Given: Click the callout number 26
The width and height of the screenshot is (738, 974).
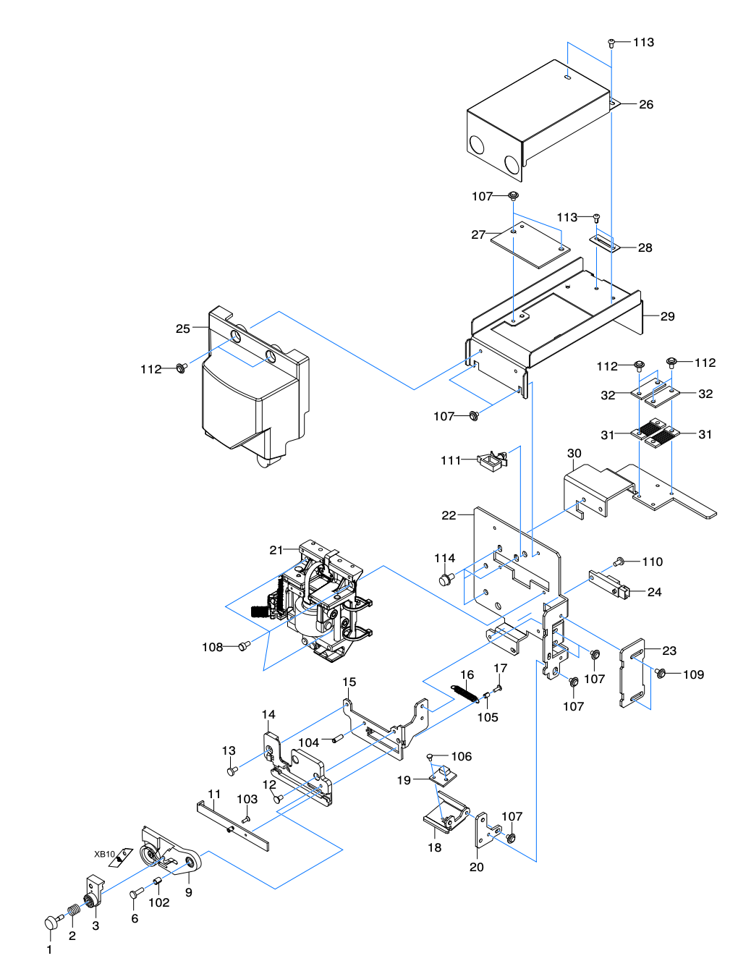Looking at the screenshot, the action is [645, 104].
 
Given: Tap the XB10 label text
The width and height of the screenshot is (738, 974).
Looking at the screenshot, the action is [104, 854].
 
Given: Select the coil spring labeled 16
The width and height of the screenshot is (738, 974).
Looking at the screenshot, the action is [465, 693].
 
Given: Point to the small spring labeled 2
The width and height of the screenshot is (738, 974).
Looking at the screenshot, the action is [74, 911].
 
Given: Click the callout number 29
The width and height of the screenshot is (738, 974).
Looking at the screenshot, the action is [667, 316].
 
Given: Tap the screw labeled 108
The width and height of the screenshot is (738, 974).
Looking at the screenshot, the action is [244, 646].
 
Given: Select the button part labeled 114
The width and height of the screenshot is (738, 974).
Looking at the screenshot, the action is [446, 579].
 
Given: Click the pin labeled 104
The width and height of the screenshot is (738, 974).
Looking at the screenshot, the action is [338, 739].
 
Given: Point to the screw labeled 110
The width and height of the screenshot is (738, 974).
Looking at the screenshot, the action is [619, 562].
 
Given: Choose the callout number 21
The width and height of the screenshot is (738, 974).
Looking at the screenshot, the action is [276, 550].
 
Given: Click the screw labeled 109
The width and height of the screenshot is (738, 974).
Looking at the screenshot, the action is [661, 674].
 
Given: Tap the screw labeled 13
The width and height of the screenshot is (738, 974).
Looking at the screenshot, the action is [231, 771].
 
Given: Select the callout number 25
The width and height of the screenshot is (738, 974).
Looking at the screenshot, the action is [183, 329].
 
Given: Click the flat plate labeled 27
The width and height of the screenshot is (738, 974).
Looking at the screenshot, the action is [530, 245].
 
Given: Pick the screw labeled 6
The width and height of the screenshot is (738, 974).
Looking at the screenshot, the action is [137, 892].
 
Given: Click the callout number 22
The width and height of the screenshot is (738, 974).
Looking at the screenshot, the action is [449, 515].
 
